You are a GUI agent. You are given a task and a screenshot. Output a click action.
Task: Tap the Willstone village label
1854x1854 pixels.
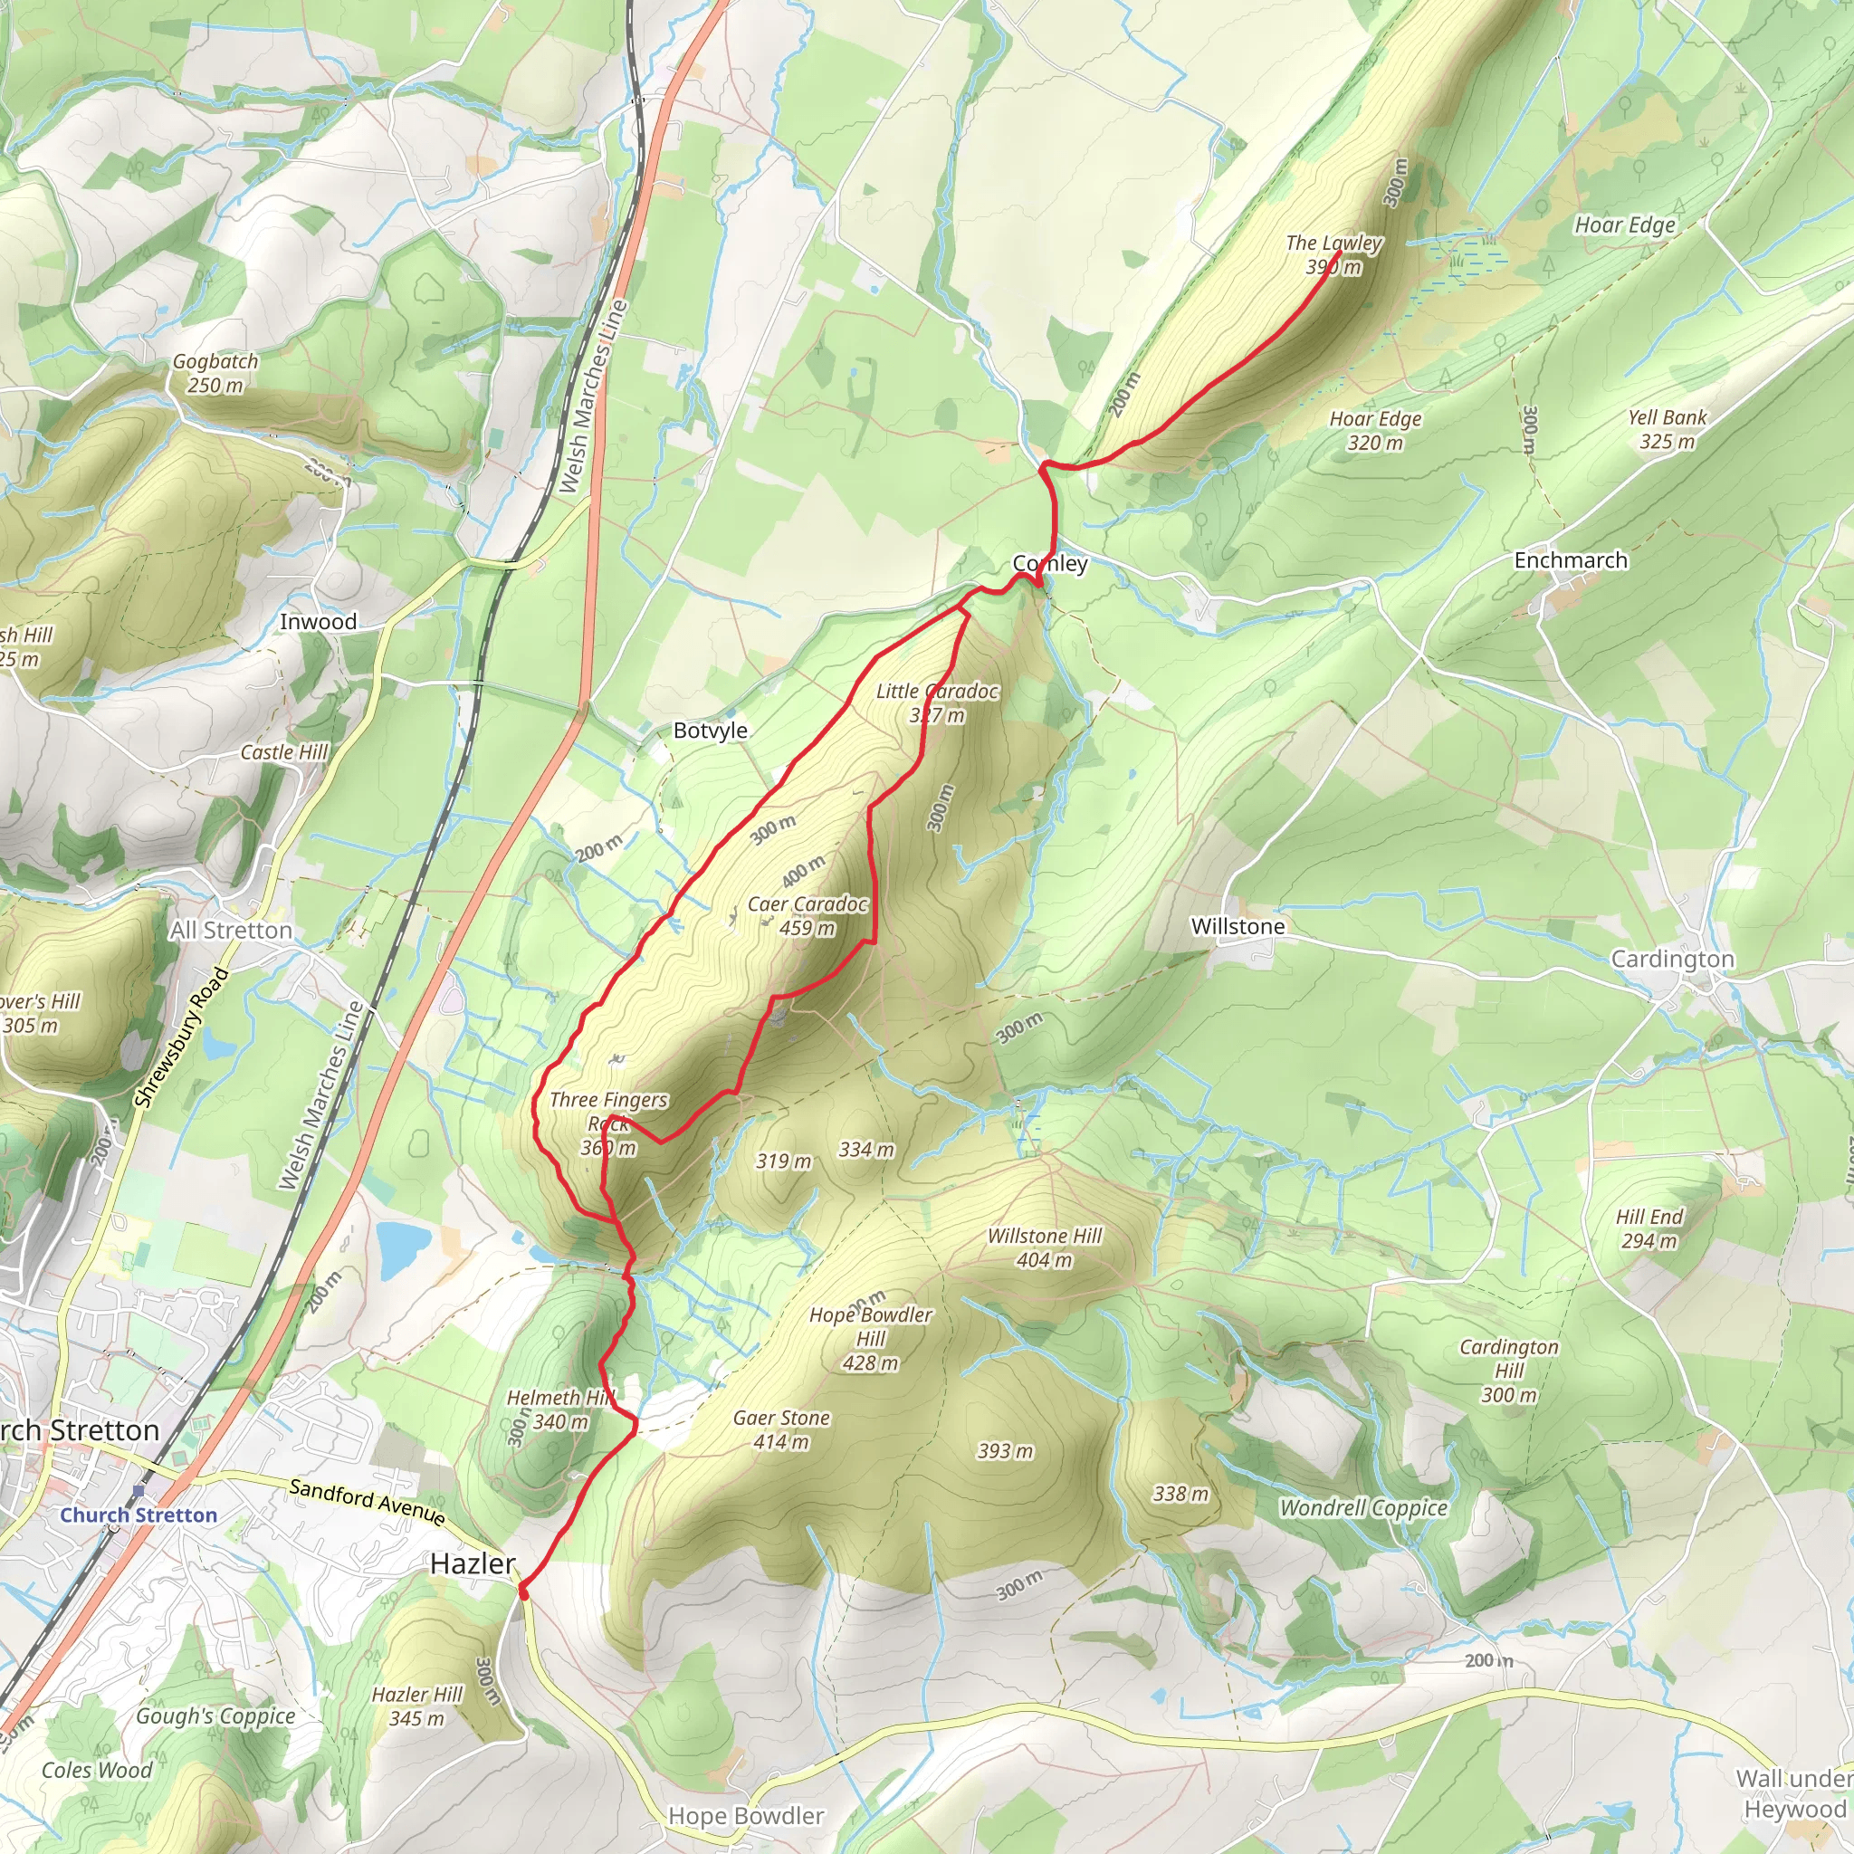(1237, 926)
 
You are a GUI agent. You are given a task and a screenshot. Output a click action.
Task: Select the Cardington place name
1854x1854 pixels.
(1672, 959)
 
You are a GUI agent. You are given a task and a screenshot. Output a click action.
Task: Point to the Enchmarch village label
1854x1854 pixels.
(1570, 560)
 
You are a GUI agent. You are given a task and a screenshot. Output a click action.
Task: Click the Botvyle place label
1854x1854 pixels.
(710, 731)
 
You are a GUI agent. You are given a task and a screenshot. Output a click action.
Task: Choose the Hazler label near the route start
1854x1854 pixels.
(473, 1563)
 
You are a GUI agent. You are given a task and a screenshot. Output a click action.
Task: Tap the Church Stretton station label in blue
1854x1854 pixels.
(139, 1515)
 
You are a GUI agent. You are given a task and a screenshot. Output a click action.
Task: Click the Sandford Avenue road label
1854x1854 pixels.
(368, 1502)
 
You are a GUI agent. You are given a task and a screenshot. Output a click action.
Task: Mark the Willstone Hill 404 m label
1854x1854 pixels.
(1044, 1247)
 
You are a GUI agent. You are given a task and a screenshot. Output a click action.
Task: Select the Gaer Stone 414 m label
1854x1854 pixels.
(781, 1429)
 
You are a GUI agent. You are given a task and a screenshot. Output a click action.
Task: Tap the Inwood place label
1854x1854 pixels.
(318, 622)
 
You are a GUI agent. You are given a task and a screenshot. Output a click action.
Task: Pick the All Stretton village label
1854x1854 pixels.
(231, 930)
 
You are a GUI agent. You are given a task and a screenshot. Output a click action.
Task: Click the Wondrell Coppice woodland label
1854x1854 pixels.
(1362, 1507)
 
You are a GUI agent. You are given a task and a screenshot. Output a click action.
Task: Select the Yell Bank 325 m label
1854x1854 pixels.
(1667, 429)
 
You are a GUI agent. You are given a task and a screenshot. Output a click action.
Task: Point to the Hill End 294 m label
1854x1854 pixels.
(1649, 1228)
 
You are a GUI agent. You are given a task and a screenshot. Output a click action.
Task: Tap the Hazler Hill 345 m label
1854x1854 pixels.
(417, 1706)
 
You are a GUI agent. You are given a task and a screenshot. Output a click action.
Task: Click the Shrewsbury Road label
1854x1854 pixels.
(181, 1037)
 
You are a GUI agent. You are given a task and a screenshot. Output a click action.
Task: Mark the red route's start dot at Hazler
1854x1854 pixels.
(523, 1592)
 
